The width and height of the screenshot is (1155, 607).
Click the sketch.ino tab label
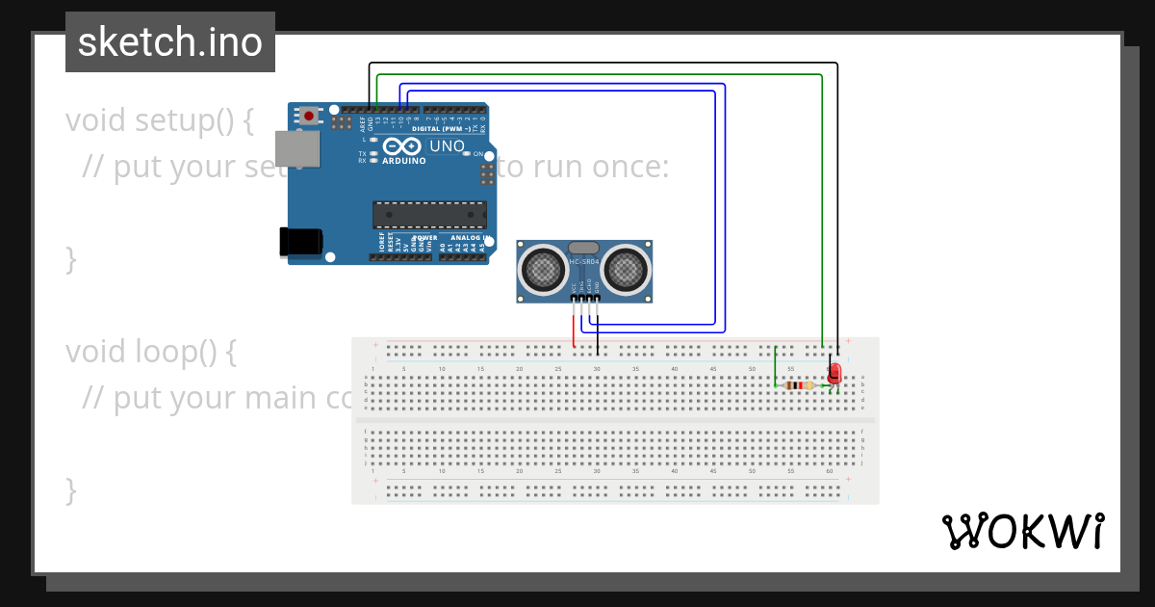tap(170, 42)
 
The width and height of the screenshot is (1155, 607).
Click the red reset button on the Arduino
tap(308, 116)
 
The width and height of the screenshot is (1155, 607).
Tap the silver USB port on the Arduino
tap(297, 148)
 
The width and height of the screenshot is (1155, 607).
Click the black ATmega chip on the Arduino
tap(429, 215)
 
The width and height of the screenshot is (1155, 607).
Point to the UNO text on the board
tap(447, 146)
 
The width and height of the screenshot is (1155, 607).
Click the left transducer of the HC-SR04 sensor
tap(544, 269)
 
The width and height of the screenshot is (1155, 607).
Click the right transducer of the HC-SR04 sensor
tap(627, 270)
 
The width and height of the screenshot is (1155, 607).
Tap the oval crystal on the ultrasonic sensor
tap(584, 249)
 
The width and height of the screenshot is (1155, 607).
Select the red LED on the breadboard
tap(834, 373)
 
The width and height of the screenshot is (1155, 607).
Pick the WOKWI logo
tap(1022, 531)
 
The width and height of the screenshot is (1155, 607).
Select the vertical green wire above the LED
tap(822, 212)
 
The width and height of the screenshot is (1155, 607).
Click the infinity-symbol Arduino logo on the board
tap(402, 146)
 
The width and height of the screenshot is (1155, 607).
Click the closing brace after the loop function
tap(70, 489)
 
